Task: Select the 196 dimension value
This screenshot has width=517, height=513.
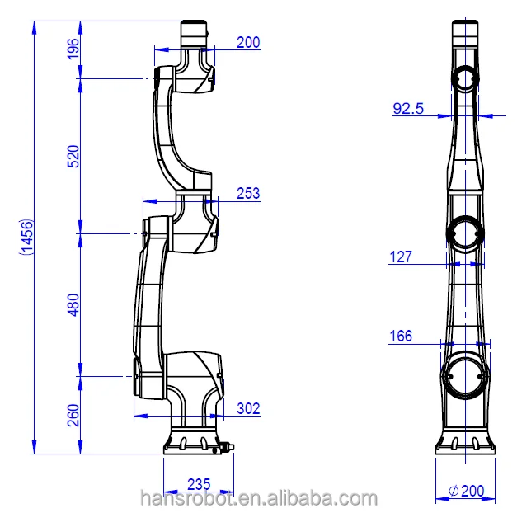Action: [73, 49]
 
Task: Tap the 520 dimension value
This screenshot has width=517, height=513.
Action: [73, 157]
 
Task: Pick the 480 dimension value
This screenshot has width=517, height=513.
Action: [73, 305]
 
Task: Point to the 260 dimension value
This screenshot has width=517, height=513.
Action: [73, 412]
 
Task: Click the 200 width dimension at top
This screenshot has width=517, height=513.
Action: [247, 42]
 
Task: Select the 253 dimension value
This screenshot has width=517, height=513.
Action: [247, 194]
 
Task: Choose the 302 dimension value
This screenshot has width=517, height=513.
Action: [248, 407]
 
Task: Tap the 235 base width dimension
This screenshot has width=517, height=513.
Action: [198, 484]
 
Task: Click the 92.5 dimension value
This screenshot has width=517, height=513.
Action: [408, 108]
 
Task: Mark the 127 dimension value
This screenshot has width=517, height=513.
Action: [401, 257]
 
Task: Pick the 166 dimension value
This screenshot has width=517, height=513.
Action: [401, 336]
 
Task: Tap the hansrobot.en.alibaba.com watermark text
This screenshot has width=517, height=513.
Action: [258, 498]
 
